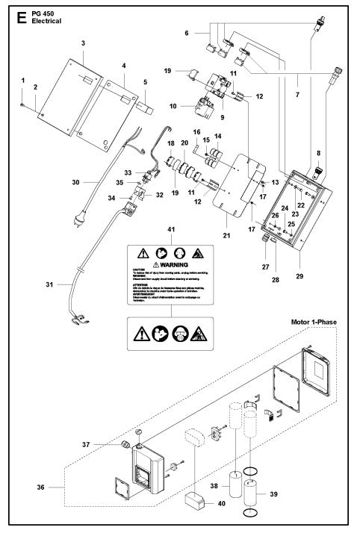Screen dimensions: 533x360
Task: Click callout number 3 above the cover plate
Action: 83,45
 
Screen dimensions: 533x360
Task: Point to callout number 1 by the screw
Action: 23,80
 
